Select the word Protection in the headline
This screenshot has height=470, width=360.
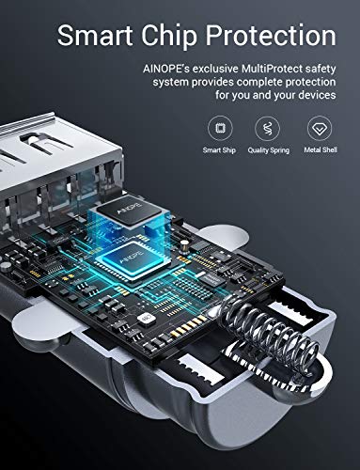(x=275, y=36)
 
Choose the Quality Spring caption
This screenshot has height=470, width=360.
(x=268, y=149)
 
